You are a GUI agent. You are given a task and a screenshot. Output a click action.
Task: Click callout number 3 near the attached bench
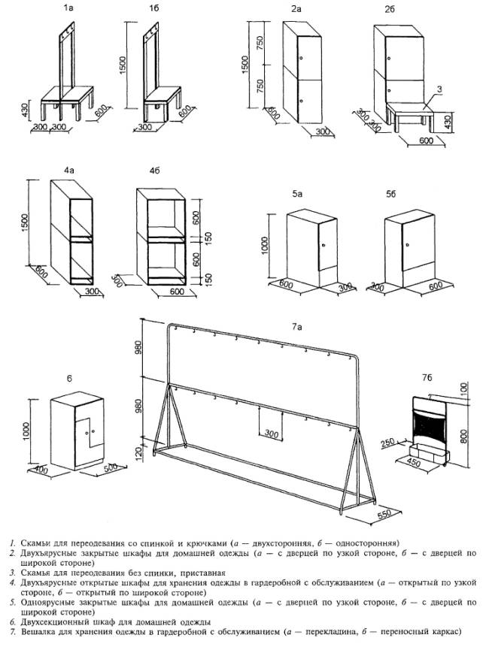[x=439, y=89]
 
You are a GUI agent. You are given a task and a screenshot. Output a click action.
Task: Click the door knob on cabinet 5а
[x=323, y=245]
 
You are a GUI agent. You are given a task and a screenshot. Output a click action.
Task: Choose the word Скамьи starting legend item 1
[x=32, y=542]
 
